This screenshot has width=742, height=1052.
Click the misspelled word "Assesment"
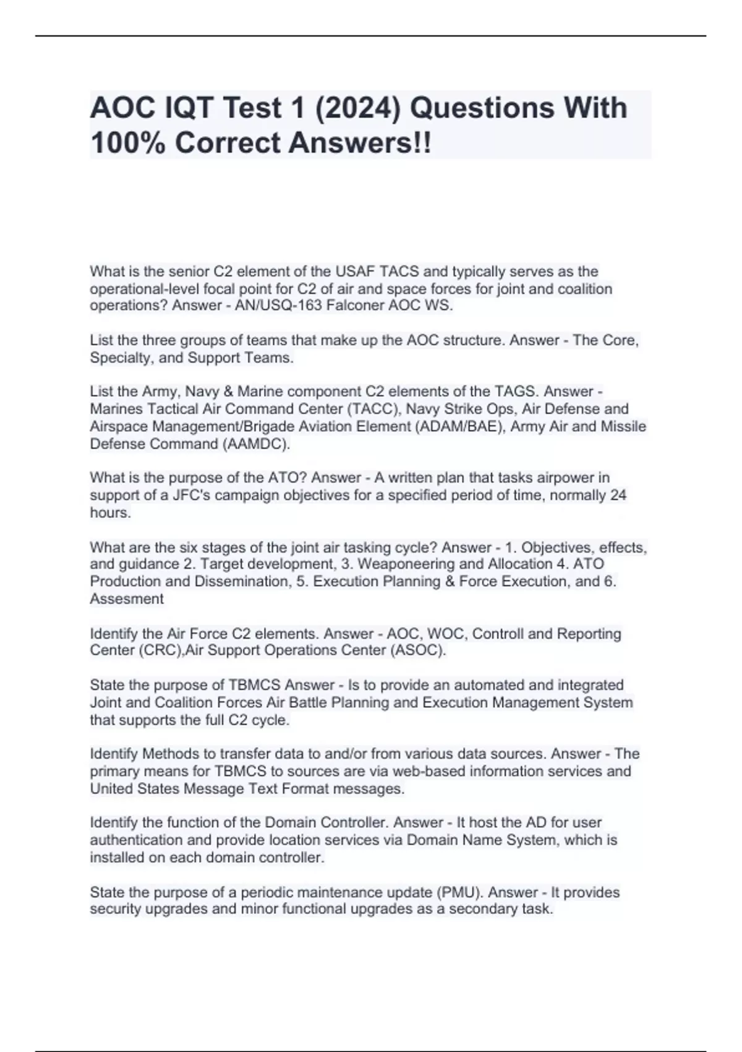[x=127, y=599]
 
